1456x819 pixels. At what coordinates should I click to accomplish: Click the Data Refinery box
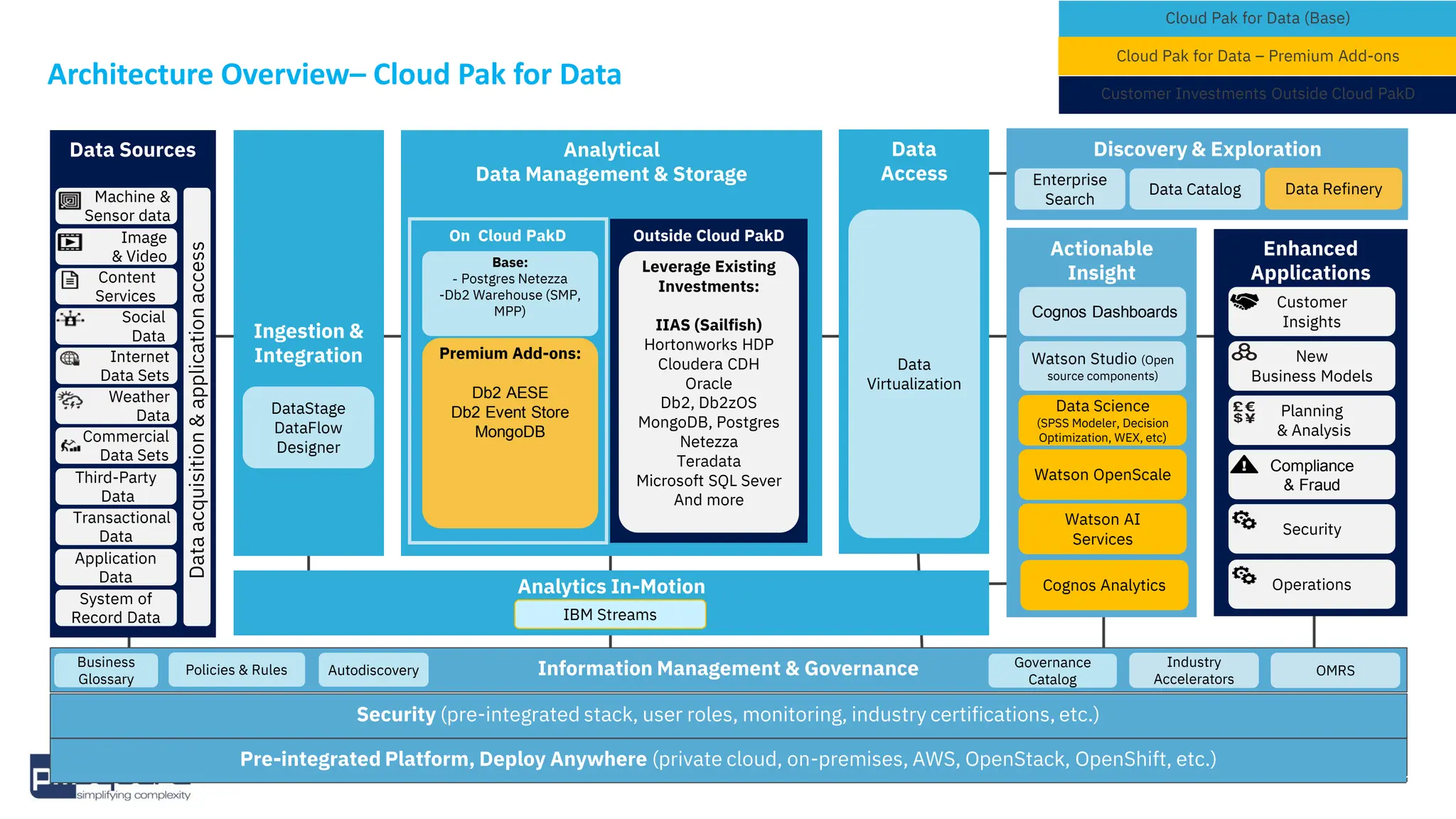(x=1333, y=189)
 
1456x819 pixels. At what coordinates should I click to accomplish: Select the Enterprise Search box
(x=1069, y=189)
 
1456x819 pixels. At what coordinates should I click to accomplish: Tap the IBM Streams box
(x=610, y=614)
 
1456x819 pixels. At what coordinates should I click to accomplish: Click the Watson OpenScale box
(x=1102, y=475)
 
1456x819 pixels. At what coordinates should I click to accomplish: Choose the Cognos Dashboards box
(x=1103, y=312)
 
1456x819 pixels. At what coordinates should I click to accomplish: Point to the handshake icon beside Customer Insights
(x=1244, y=301)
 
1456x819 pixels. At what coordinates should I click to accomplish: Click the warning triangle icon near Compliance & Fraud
(x=1244, y=465)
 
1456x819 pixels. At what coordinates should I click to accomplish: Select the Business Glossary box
(x=106, y=670)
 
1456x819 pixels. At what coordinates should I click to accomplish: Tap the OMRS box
(x=1334, y=670)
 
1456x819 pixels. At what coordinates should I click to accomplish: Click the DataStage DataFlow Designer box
(x=308, y=428)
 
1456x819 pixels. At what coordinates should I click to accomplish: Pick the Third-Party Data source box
(x=117, y=486)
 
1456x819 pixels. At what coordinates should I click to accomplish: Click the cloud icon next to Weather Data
(x=70, y=400)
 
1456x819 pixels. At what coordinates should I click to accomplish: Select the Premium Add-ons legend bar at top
(x=1257, y=56)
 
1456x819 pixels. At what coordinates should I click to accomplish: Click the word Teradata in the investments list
(x=708, y=461)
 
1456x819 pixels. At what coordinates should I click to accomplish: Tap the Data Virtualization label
(x=914, y=374)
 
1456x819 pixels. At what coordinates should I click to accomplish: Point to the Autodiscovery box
(x=373, y=670)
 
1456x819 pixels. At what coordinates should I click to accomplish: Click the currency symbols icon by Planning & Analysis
(x=1244, y=412)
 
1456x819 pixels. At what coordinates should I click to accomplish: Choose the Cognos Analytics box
(x=1103, y=585)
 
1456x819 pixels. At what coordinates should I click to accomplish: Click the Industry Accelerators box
(x=1193, y=670)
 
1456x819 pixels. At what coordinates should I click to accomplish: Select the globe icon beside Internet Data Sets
(x=70, y=358)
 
